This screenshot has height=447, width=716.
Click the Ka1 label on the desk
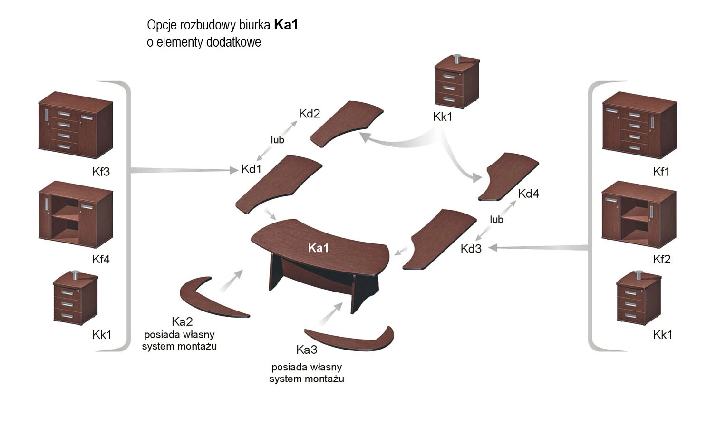[x=318, y=248]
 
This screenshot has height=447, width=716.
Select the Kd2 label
[x=310, y=114]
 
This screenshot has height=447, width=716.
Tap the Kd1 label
[x=252, y=169]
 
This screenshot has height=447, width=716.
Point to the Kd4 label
[x=528, y=194]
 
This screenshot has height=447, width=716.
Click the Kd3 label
[x=471, y=249]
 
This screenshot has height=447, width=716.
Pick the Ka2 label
[x=182, y=321]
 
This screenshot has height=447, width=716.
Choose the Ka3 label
[x=307, y=350]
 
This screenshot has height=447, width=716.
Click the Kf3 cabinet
[x=75, y=125]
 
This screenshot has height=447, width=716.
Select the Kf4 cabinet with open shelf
[x=75, y=214]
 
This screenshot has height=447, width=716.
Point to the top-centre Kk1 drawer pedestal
[x=455, y=82]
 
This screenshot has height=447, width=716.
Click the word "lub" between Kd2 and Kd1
[x=278, y=140]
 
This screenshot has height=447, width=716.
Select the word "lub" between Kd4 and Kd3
[x=496, y=220]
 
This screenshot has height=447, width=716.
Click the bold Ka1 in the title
[x=286, y=25]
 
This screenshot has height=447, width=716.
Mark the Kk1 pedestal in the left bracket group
[x=75, y=298]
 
